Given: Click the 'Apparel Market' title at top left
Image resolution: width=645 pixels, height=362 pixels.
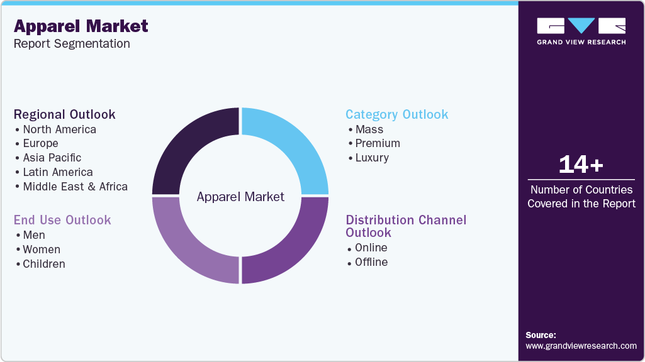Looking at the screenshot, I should pos(81,26).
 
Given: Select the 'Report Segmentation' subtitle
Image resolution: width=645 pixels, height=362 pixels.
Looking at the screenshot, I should pos(72,43).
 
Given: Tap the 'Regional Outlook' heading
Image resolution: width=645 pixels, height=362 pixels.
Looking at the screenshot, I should pos(65,114).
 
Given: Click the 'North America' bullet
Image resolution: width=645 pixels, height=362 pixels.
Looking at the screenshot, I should pos(59,129).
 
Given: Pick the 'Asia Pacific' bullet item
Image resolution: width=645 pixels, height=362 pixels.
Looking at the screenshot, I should pos(52,158).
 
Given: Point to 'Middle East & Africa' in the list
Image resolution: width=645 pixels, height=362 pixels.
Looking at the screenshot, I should pos(75,187).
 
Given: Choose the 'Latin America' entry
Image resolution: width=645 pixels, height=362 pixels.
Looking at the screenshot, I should pos(57,172).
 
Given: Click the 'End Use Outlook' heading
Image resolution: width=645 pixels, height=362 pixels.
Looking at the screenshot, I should pos(62,220).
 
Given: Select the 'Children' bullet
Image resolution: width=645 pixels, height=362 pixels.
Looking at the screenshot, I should pos(43,264).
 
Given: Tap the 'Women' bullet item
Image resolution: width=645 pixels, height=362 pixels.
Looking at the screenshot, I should pos(42,250).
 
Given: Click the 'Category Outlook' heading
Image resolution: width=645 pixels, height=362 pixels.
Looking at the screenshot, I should pos(397,114).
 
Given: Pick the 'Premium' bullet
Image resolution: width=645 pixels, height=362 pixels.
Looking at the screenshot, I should pos(378,143).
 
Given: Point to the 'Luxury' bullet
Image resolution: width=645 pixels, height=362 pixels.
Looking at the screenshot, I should pos(372,158).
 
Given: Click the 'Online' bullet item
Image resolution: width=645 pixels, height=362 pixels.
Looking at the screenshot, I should pos(371,248).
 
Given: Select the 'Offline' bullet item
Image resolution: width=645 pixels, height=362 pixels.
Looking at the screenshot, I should pos(371,262).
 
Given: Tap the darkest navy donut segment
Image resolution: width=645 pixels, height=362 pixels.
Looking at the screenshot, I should pos(189,145).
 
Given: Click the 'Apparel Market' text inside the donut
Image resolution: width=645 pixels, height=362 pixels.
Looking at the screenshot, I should pos(240,197).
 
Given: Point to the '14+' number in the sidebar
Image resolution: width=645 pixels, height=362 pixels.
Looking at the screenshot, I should pos(581,165).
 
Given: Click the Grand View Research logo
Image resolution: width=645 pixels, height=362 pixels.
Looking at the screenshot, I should pos(581,31).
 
